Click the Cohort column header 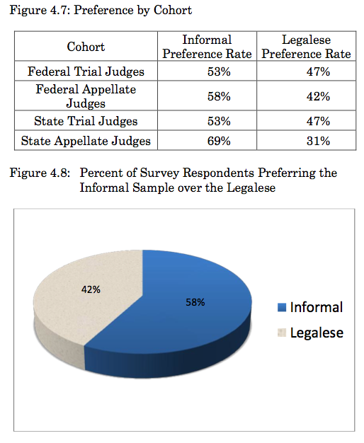[x=86, y=47]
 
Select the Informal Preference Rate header [x=207, y=47]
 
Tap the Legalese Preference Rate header [x=306, y=47]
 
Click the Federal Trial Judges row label [x=86, y=71]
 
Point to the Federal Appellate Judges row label [x=86, y=96]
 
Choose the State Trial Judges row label [x=86, y=121]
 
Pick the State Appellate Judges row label [x=86, y=141]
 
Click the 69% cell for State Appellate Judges [x=219, y=141]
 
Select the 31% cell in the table [x=318, y=141]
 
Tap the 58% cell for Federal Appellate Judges [x=219, y=96]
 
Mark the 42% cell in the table [x=318, y=96]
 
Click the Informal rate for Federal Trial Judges [x=219, y=71]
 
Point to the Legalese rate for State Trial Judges [x=318, y=121]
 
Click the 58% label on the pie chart [x=195, y=302]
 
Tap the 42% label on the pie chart [x=91, y=289]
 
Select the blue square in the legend [x=282, y=307]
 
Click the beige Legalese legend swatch [x=282, y=333]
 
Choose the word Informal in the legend [x=317, y=307]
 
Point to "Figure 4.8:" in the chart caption [x=40, y=173]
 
